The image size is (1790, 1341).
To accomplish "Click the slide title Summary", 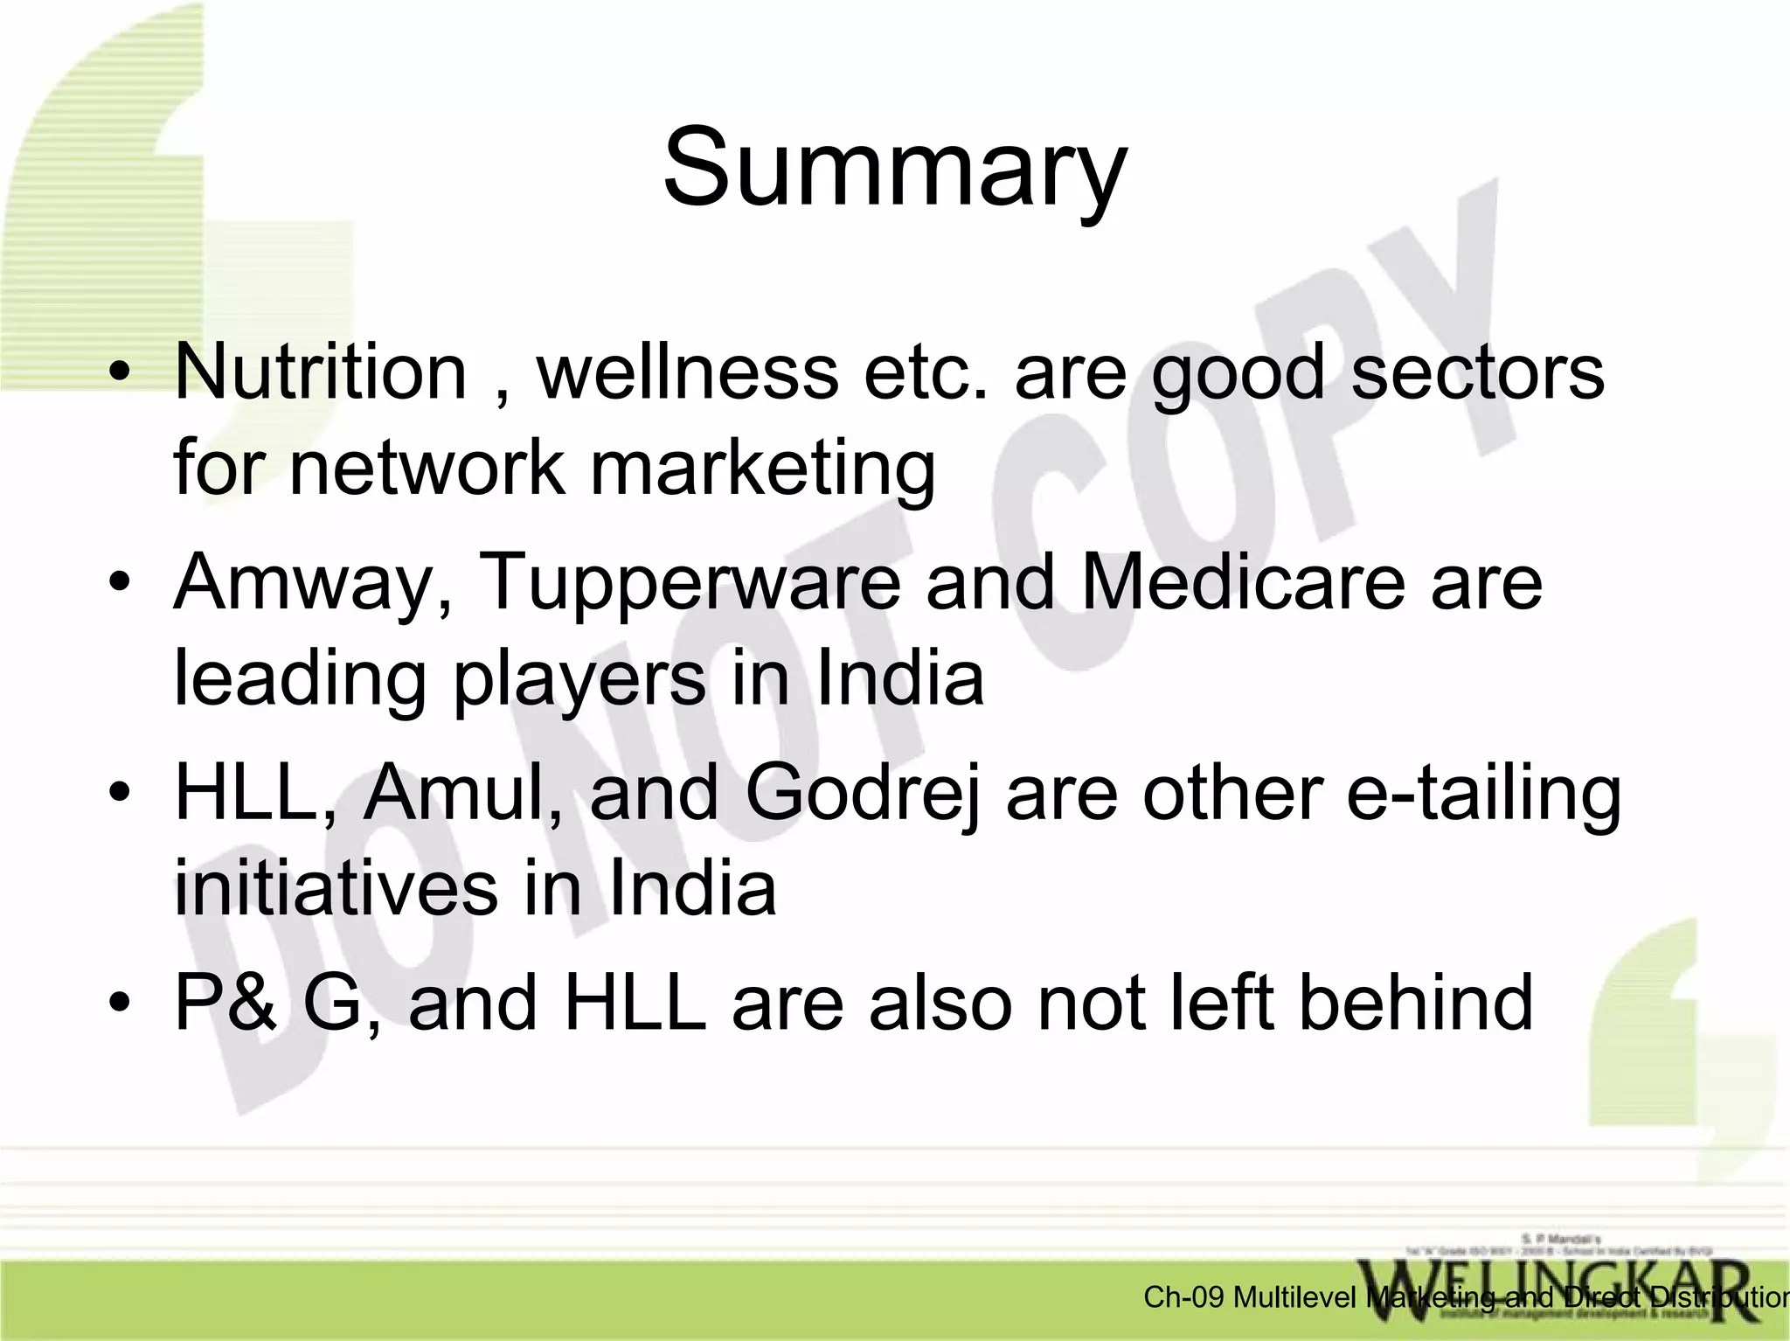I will click(894, 168).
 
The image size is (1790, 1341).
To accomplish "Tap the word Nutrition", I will click(321, 372).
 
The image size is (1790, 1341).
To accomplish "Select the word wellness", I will click(687, 372).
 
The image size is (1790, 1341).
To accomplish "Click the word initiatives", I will click(336, 888).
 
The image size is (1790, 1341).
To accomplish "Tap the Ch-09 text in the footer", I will click(1183, 1297).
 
